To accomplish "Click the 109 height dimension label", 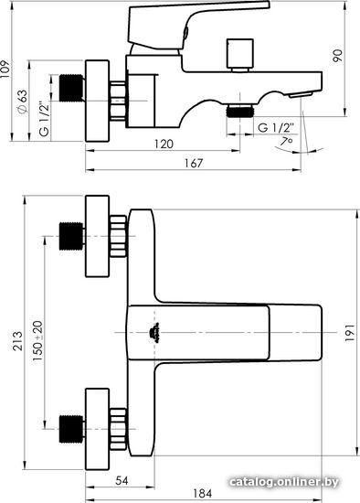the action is (5, 69).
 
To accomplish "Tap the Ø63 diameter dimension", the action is (23, 102).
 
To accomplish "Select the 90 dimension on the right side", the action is (337, 56).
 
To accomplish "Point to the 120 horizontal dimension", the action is (164, 144).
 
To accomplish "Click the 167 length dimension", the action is (194, 164).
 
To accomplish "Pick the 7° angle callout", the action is (286, 141).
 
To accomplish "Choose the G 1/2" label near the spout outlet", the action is (275, 128).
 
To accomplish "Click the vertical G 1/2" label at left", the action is (45, 119).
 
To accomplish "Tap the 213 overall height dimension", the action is (18, 341).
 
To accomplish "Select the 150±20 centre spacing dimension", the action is (37, 341).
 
